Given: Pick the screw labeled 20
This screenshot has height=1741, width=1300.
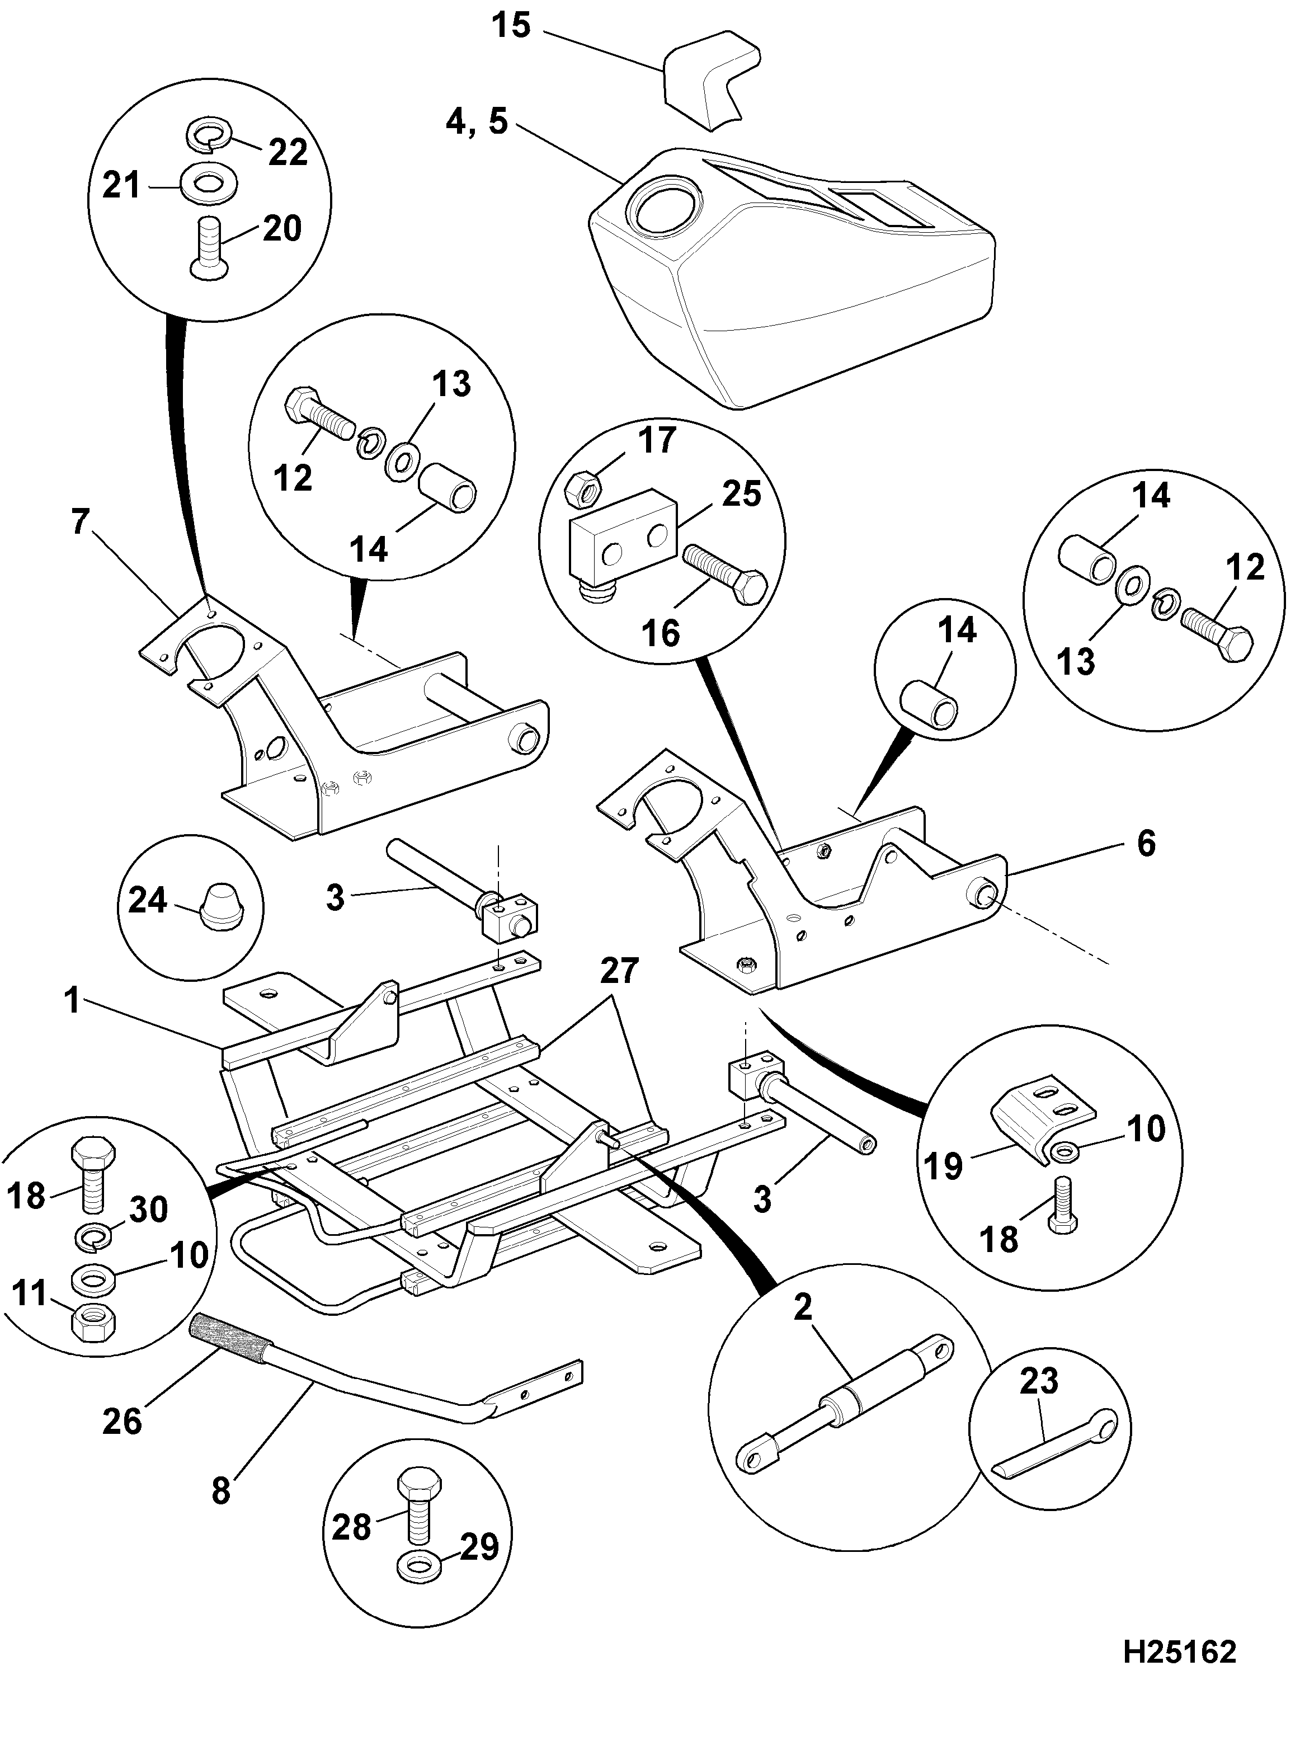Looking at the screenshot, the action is pos(211,247).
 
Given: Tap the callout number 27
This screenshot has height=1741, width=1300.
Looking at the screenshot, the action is pos(619,971).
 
